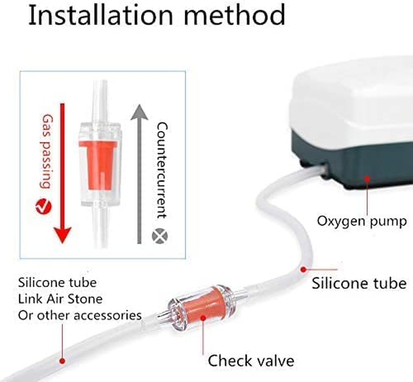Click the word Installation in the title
101,15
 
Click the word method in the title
234,15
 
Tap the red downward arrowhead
63,235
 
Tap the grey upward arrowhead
139,112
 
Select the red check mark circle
43,206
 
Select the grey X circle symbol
160,236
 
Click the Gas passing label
47,151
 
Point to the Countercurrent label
161,170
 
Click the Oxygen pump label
361,221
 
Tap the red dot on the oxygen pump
367,179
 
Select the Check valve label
251,361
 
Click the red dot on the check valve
203,318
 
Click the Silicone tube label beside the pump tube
359,284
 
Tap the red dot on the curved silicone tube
304,269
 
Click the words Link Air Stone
60,299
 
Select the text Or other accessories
80,315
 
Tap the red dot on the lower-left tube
62,361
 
